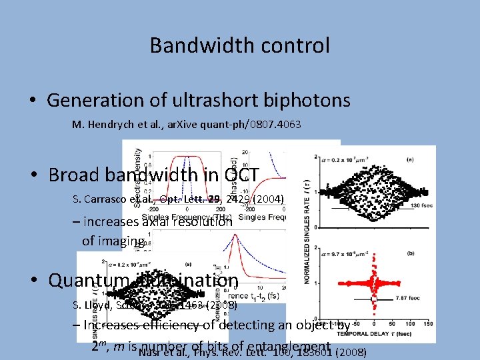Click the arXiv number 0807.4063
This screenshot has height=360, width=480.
click(273, 124)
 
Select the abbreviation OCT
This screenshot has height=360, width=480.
click(241, 175)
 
